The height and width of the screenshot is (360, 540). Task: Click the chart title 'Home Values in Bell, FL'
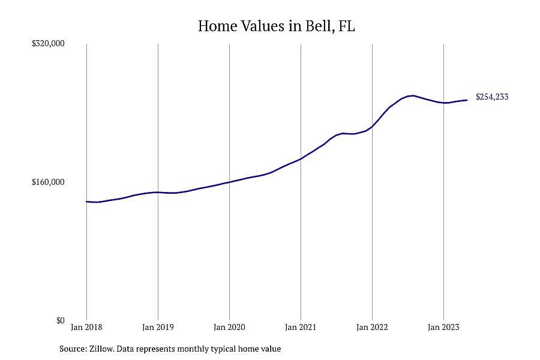pyautogui.click(x=276, y=26)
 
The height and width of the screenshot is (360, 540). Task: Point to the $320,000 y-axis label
pyautogui.click(x=48, y=44)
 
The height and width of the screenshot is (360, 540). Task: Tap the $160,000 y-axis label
pyautogui.click(x=48, y=182)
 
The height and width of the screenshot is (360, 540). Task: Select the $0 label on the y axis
pyautogui.click(x=60, y=321)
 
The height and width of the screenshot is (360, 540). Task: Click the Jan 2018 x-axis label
pyautogui.click(x=86, y=327)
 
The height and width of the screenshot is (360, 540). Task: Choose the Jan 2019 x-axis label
pyautogui.click(x=158, y=327)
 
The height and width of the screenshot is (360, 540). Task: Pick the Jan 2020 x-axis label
pyautogui.click(x=229, y=327)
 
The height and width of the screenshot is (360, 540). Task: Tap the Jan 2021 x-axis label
pyautogui.click(x=301, y=327)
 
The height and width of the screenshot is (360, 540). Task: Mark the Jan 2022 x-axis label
pyautogui.click(x=372, y=327)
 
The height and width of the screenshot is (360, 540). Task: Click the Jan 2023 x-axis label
pyautogui.click(x=443, y=327)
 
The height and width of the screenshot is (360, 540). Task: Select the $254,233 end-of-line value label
pyautogui.click(x=492, y=97)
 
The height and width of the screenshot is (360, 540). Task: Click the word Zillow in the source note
pyautogui.click(x=101, y=349)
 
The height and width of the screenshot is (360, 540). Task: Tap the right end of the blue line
pyautogui.click(x=467, y=100)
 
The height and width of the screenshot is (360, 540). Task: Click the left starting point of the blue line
pyautogui.click(x=86, y=202)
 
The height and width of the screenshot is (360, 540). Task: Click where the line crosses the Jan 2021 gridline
pyautogui.click(x=301, y=159)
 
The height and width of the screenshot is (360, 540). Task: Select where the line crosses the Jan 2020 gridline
pyautogui.click(x=229, y=182)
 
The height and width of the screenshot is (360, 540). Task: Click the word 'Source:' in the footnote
pyautogui.click(x=73, y=349)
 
